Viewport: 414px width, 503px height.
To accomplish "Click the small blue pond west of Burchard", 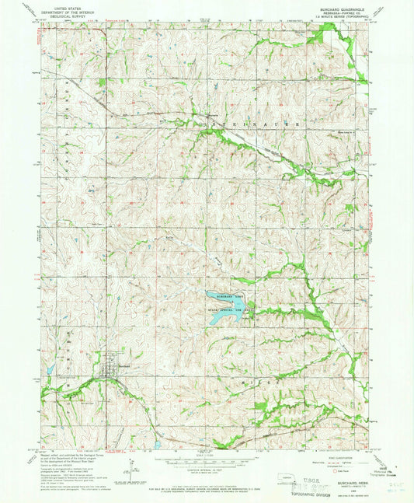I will [x=46, y=383].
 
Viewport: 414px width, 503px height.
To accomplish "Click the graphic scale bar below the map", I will [x=206, y=463].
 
